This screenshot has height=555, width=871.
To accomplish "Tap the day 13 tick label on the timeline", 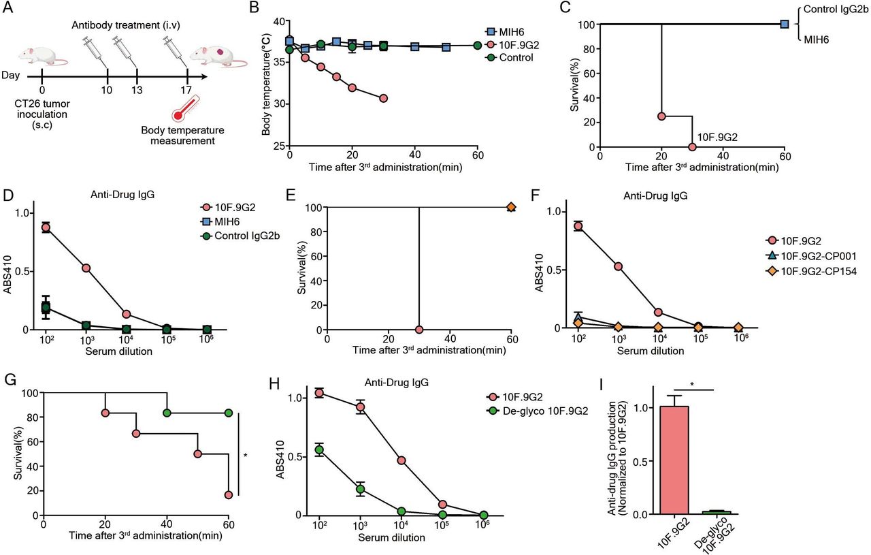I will point(137,91).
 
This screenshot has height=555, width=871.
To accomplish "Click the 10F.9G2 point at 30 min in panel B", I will point(384,98).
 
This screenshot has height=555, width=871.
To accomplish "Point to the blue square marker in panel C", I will point(785,24).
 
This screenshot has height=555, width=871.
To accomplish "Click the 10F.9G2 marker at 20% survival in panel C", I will point(661,116).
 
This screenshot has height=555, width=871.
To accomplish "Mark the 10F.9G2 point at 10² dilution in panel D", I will point(46,227).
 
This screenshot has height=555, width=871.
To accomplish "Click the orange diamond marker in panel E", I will point(512,207).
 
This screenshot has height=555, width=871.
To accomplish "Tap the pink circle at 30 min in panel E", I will point(419,330).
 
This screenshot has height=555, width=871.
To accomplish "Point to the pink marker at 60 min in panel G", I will point(229,495).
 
